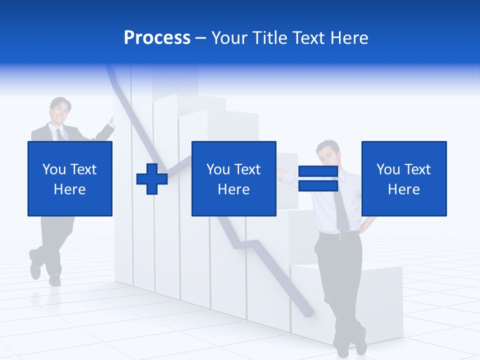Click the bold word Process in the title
(x=157, y=38)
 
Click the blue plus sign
(x=152, y=178)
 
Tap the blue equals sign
(x=318, y=178)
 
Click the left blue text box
(x=69, y=178)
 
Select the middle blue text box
(x=233, y=178)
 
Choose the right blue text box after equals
(x=403, y=178)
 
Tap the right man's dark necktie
(x=342, y=212)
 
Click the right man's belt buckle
(x=342, y=236)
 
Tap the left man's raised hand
(x=111, y=122)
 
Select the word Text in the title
(x=307, y=38)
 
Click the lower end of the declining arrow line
(x=307, y=312)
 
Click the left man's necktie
(x=59, y=134)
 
